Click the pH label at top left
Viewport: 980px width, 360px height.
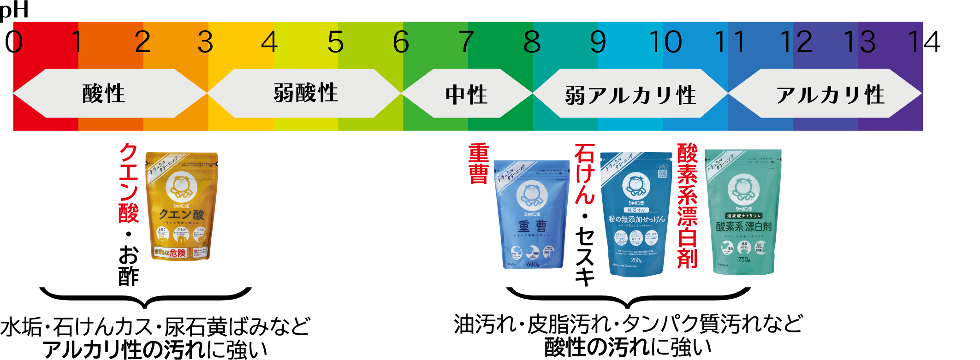[14, 9]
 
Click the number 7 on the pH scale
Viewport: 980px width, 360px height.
[466, 42]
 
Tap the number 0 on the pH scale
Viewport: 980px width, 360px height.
[14, 42]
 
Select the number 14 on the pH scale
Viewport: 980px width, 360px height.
[924, 42]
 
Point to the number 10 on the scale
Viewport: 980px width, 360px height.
[665, 42]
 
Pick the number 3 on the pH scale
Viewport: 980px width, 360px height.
[205, 42]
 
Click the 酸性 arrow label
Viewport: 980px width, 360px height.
[104, 94]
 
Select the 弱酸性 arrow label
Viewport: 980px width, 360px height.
[305, 94]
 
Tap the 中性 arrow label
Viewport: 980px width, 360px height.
[466, 94]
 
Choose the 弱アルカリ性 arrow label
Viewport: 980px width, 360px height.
[630, 95]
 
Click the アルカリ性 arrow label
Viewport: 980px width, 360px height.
[830, 95]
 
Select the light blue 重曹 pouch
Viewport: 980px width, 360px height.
[532, 214]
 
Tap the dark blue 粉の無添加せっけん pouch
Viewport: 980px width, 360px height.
[636, 214]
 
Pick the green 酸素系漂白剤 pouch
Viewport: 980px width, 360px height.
[743, 212]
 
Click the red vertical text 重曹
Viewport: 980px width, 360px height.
[478, 164]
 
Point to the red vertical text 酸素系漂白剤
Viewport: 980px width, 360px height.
[687, 206]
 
